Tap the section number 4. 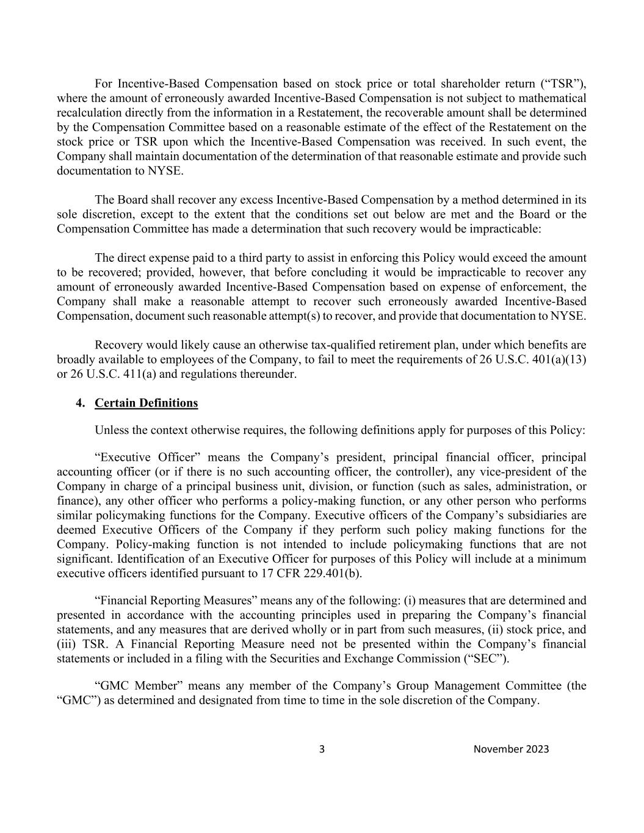tap(79, 403)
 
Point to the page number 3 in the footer tap(322, 749)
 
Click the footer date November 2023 tap(511, 749)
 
